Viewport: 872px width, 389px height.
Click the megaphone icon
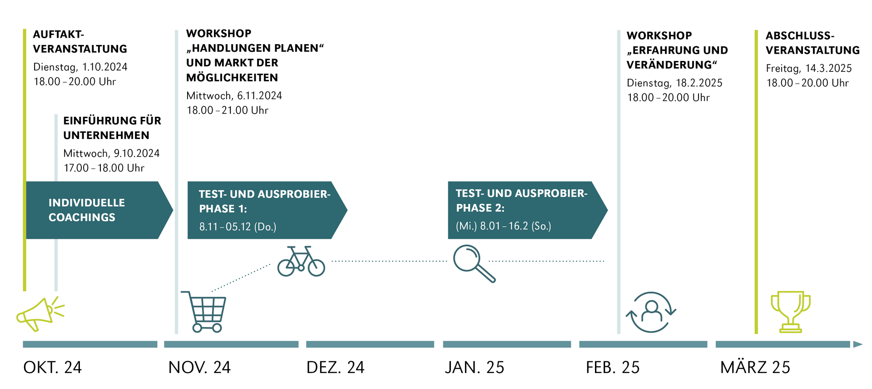tap(40, 314)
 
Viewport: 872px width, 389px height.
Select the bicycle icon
tap(301, 262)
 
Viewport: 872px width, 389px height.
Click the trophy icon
tap(790, 312)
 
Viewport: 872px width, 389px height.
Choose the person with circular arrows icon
tap(651, 312)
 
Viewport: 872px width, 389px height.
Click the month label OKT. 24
tap(52, 367)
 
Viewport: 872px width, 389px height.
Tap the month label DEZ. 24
tap(335, 367)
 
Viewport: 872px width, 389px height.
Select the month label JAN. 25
tap(474, 367)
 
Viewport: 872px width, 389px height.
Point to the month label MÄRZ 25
tap(755, 367)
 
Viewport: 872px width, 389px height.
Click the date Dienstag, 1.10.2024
tap(80, 67)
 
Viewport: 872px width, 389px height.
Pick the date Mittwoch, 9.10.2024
tap(111, 154)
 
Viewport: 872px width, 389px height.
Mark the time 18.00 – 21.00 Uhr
tap(228, 110)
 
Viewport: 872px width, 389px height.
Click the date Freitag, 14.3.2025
tap(808, 69)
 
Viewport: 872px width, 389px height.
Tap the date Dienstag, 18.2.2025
tap(674, 83)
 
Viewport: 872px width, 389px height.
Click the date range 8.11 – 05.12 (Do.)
tap(238, 227)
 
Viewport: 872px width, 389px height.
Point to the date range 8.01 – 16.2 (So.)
tap(503, 226)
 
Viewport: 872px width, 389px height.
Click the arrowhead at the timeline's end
tap(857, 344)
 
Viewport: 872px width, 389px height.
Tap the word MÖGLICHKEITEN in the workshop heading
tap(232, 78)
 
